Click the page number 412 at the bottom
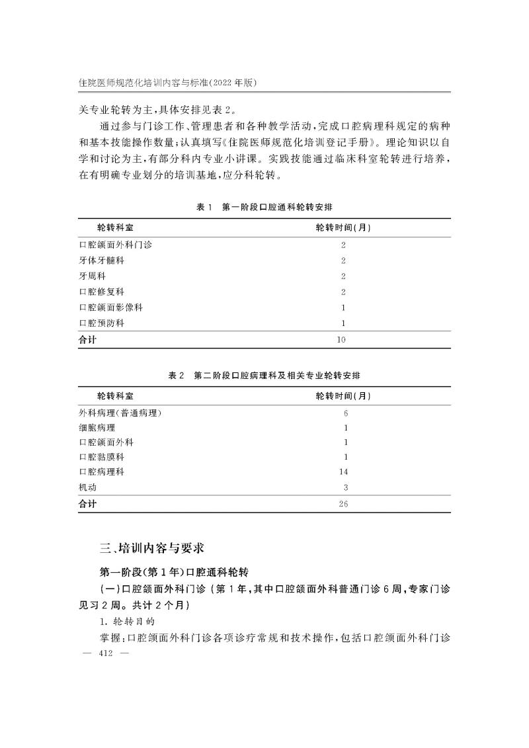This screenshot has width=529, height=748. (x=105, y=653)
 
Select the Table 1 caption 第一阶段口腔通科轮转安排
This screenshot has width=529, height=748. (x=264, y=207)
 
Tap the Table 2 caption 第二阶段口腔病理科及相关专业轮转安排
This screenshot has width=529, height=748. (x=264, y=375)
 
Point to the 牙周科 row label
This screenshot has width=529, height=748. (x=92, y=276)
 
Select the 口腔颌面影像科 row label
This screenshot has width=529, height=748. (x=110, y=308)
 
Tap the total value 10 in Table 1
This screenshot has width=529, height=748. (x=341, y=340)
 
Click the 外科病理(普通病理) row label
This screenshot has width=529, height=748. (x=120, y=413)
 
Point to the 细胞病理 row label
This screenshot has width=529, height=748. (x=97, y=428)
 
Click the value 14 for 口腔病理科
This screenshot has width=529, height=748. (x=343, y=472)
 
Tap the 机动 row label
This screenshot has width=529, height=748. (x=87, y=487)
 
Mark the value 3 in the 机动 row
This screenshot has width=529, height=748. (x=345, y=487)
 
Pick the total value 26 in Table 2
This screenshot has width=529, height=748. (x=343, y=504)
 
